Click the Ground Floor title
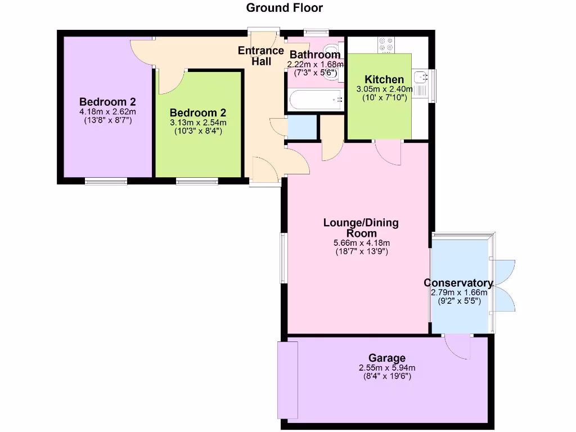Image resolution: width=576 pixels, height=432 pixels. [285, 8]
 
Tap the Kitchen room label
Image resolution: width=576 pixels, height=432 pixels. [384, 79]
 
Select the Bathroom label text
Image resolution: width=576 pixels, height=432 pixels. [315, 55]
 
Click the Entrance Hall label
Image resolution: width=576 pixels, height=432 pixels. [261, 56]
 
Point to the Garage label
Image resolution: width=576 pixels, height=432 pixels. [387, 358]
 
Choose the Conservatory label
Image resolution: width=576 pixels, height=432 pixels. [458, 283]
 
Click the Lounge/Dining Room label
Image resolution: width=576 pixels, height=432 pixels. [361, 228]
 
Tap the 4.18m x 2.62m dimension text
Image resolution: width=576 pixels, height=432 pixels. [107, 111]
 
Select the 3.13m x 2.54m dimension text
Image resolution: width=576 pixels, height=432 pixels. [198, 123]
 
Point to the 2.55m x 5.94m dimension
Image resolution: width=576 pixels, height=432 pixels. [387, 368]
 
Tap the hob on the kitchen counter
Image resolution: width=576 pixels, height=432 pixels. [386, 45]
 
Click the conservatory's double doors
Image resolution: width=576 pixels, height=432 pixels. [504, 285]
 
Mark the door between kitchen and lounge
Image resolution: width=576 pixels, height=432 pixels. [388, 150]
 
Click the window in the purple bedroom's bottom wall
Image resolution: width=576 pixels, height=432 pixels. [106, 181]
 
